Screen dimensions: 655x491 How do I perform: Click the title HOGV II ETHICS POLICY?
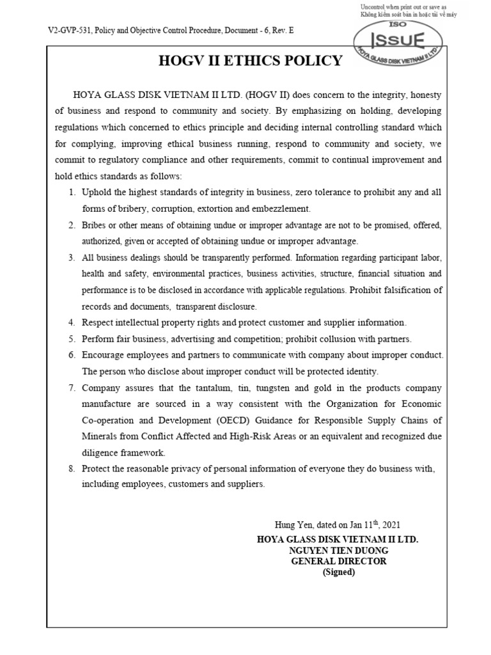[250, 61]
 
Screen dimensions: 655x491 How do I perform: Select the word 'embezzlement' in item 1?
[282, 209]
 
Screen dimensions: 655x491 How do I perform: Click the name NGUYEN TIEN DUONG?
[338, 550]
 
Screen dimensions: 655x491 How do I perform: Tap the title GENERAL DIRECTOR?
[338, 561]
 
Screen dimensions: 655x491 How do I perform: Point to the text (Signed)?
[338, 572]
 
